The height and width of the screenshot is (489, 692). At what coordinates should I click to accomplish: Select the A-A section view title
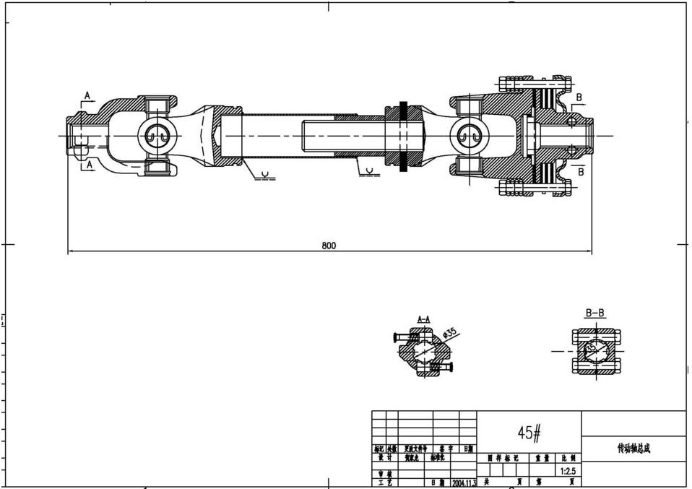424,319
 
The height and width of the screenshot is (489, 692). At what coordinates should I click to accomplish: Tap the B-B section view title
594,313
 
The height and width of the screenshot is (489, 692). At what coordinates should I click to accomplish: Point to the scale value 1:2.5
568,470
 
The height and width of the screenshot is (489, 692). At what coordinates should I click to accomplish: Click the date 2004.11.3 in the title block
464,482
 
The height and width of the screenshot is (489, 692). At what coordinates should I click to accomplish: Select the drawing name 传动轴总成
633,449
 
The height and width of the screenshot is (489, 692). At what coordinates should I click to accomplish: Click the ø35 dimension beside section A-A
449,334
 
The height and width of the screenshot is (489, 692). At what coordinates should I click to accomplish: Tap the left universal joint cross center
158,135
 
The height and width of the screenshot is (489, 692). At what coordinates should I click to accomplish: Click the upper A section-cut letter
87,95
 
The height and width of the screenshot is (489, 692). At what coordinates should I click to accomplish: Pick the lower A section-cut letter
89,165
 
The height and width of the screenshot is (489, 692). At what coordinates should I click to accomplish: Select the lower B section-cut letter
580,172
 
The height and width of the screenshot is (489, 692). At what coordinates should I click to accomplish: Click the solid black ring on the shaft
403,135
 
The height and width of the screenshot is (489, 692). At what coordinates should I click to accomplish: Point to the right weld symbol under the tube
369,172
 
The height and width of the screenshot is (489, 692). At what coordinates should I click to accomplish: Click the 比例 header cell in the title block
568,457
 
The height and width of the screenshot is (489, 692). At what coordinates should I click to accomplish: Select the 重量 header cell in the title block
541,457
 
